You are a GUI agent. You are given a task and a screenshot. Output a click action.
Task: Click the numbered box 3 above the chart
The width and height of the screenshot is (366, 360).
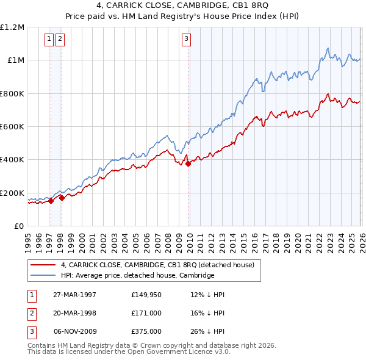tap(185, 40)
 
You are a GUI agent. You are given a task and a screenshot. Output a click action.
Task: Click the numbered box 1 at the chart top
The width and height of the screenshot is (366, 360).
tap(49, 40)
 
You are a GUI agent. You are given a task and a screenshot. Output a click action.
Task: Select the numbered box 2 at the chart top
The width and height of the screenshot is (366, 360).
tap(60, 40)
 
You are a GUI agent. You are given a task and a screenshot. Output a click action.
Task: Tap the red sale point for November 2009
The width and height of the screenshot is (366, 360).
tap(188, 163)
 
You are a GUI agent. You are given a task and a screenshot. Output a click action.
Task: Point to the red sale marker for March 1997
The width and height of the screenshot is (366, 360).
tap(51, 200)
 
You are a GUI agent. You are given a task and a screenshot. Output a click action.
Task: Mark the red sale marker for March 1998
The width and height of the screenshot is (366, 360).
tap(62, 198)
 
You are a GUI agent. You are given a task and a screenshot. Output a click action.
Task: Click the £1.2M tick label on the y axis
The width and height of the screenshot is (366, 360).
tap(12, 27)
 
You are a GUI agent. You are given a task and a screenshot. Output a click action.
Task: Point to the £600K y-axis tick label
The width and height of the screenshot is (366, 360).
tap(12, 127)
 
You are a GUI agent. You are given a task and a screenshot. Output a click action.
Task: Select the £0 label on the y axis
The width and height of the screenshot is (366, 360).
tap(18, 226)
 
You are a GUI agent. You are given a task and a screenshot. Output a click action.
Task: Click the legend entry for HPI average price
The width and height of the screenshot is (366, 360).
tap(137, 276)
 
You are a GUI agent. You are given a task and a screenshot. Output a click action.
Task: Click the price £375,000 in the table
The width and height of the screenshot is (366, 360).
tap(146, 331)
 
